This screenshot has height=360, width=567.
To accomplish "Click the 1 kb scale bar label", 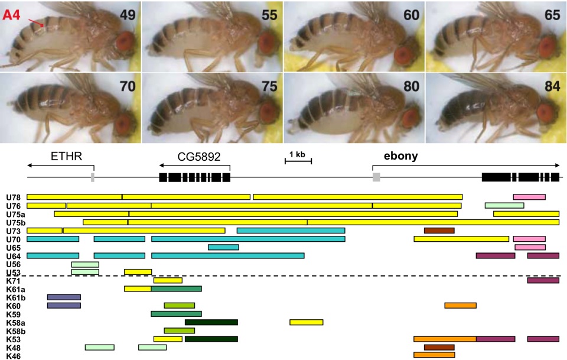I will pyautogui.click(x=297, y=155).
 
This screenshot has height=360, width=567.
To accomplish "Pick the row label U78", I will pyautogui.click(x=13, y=197).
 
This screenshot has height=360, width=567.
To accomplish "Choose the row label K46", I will pyautogui.click(x=13, y=355).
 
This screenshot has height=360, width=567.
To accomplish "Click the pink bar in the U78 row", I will pyautogui.click(x=529, y=197).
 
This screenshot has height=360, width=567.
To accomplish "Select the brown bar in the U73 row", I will pyautogui.click(x=439, y=231).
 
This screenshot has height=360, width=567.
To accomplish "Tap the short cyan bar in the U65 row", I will pyautogui.click(x=223, y=247).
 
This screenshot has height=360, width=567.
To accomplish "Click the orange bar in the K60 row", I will pyautogui.click(x=460, y=306).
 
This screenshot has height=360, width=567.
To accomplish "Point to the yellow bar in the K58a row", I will pyautogui.click(x=306, y=322).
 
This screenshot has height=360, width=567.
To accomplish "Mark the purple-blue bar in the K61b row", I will pyautogui.click(x=64, y=306).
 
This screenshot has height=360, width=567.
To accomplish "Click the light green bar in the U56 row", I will pyautogui.click(x=85, y=264).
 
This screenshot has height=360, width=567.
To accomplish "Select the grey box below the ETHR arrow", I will pyautogui.click(x=92, y=177).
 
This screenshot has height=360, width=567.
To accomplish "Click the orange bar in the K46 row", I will pyautogui.click(x=434, y=355).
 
